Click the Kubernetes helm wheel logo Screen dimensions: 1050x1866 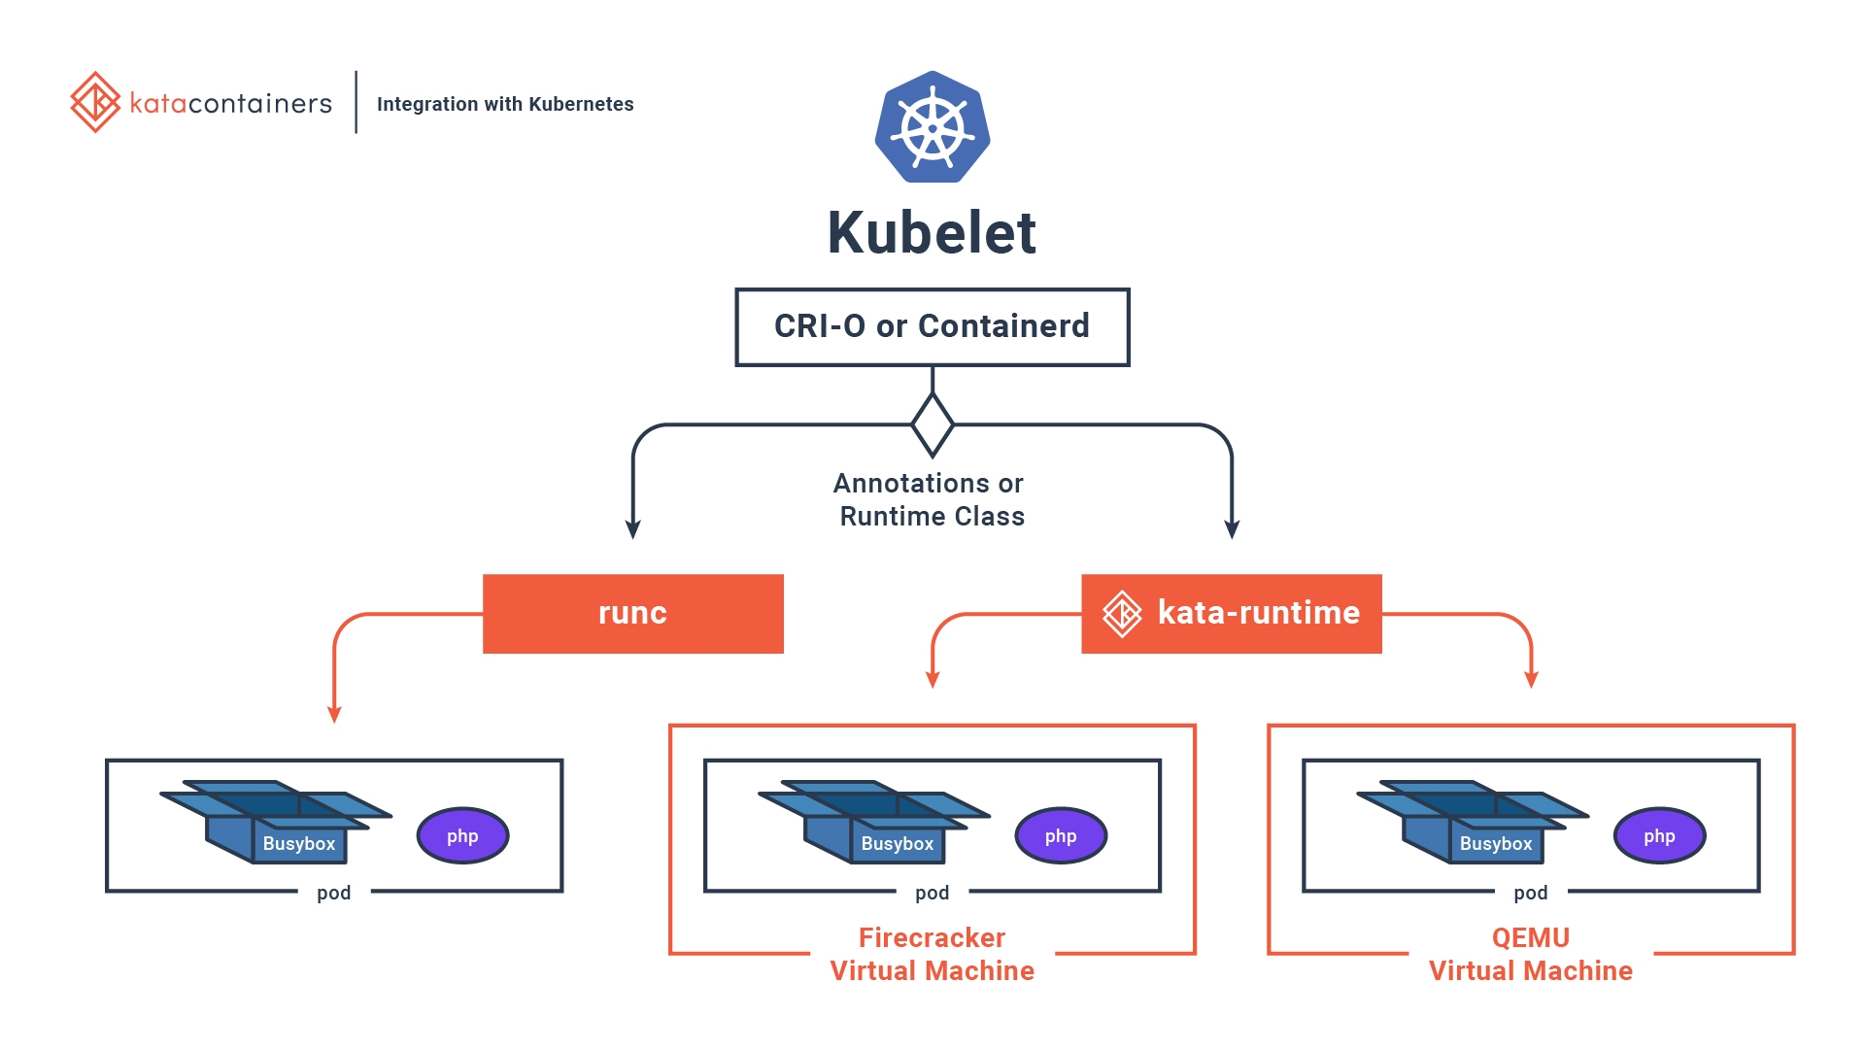933,127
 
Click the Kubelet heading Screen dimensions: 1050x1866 932,233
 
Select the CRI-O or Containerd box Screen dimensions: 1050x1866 932,326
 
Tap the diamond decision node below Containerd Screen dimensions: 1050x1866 933,424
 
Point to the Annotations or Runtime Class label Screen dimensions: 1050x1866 931,499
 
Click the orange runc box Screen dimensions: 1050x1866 632,613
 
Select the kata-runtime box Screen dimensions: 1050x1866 1231,613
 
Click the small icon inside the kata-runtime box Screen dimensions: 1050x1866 1122,613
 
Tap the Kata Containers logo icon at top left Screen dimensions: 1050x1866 95,102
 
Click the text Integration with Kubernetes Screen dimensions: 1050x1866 504,104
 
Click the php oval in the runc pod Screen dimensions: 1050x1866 462,835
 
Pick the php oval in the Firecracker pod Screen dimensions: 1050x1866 1061,835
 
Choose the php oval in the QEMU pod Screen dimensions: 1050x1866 1659,835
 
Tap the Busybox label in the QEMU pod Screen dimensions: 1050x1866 1495,843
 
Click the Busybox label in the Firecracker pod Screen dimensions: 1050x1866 897,843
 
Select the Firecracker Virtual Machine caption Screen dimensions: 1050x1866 932,954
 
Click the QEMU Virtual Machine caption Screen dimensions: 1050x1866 1530,954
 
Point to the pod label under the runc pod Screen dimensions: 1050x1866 333,892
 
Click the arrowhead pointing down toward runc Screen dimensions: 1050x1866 633,529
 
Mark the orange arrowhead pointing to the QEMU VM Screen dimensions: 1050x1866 1532,679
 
